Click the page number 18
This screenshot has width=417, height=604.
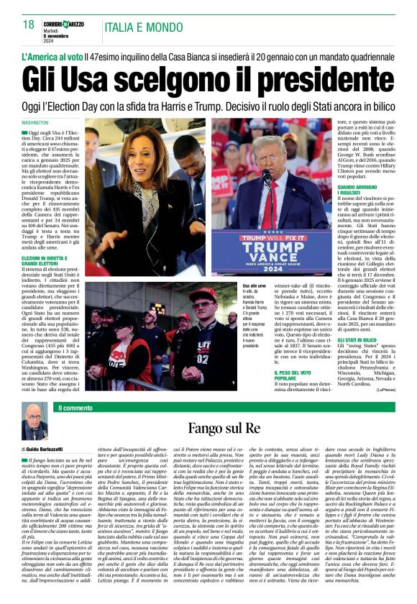point(28,24)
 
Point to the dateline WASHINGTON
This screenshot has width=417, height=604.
point(36,122)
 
